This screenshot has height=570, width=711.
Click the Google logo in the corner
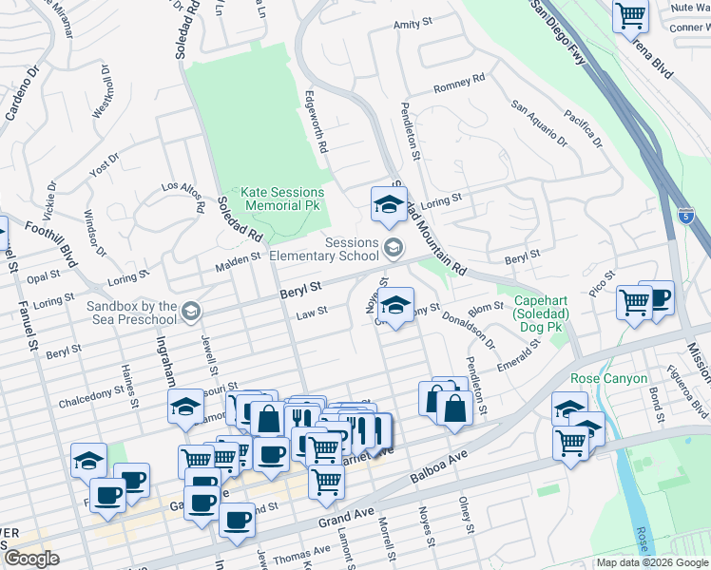(x=31, y=559)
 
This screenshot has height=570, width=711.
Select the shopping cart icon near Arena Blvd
(x=629, y=16)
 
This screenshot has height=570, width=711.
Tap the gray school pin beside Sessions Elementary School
(x=393, y=249)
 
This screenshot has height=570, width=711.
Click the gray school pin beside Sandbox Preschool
(x=191, y=312)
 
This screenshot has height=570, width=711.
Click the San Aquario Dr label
(x=538, y=124)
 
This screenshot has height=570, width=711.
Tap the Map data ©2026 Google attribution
(x=652, y=562)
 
